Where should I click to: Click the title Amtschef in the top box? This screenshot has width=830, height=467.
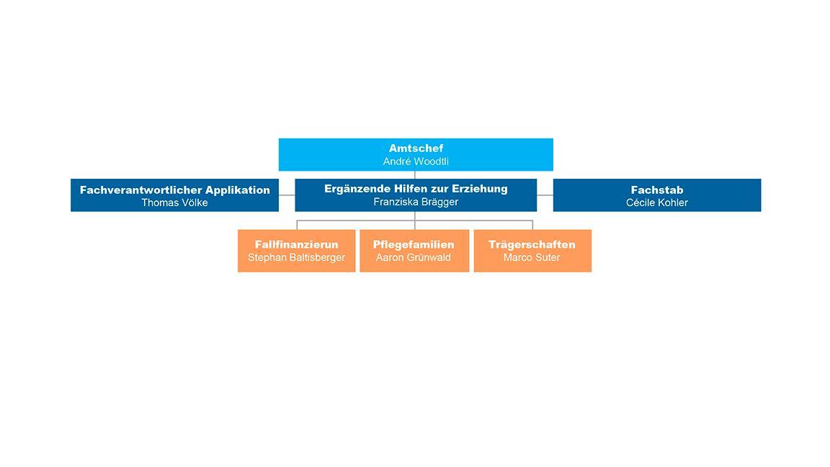point(416,148)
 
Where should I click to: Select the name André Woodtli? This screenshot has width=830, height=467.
point(416,161)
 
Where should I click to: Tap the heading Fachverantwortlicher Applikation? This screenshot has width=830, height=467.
point(174,190)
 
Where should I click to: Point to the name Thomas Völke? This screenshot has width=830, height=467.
point(174,203)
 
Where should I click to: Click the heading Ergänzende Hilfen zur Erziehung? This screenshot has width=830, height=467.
point(416,189)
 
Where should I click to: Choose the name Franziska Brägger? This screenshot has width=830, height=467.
point(416,202)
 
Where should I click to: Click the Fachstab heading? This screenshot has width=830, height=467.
point(657,190)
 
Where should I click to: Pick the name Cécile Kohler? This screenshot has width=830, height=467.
point(657,203)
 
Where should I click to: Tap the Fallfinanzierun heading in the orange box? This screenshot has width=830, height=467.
point(296,244)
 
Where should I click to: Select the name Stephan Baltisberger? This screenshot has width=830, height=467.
point(296,258)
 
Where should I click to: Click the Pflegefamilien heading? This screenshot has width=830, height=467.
point(414,244)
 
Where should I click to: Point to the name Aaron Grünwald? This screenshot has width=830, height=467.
point(414,258)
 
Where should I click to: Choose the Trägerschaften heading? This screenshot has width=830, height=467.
point(532,244)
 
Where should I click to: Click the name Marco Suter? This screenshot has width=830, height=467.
point(532,258)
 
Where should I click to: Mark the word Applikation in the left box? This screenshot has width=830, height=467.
point(238,190)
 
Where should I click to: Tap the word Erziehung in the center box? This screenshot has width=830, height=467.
point(480,189)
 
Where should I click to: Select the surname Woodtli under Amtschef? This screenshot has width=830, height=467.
point(430,161)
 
